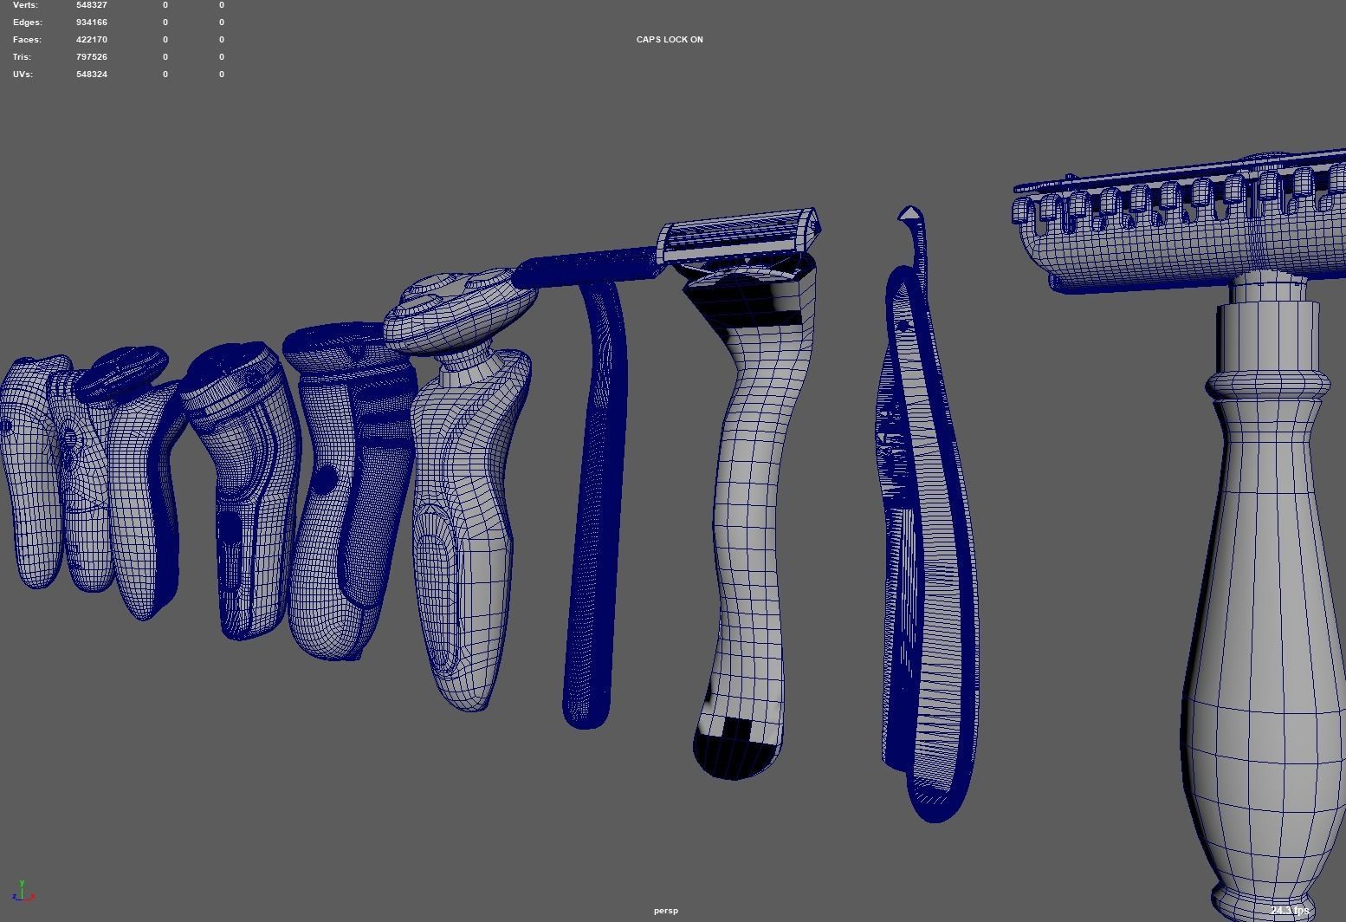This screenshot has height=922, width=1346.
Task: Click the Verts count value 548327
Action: (x=91, y=5)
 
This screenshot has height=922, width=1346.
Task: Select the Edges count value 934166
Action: (x=91, y=23)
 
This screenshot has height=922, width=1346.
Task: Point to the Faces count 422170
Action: (x=91, y=40)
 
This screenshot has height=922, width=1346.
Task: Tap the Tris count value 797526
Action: (x=91, y=57)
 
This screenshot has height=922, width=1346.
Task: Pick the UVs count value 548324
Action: (x=91, y=75)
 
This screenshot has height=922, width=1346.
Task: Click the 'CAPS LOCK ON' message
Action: (x=670, y=40)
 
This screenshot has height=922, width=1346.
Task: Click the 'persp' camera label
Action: (x=666, y=911)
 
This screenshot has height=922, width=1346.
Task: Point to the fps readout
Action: (x=1290, y=911)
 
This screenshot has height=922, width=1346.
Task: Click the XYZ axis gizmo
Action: (x=23, y=892)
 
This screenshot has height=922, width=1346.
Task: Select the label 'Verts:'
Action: (x=25, y=5)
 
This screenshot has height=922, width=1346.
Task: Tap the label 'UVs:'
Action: (x=23, y=75)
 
